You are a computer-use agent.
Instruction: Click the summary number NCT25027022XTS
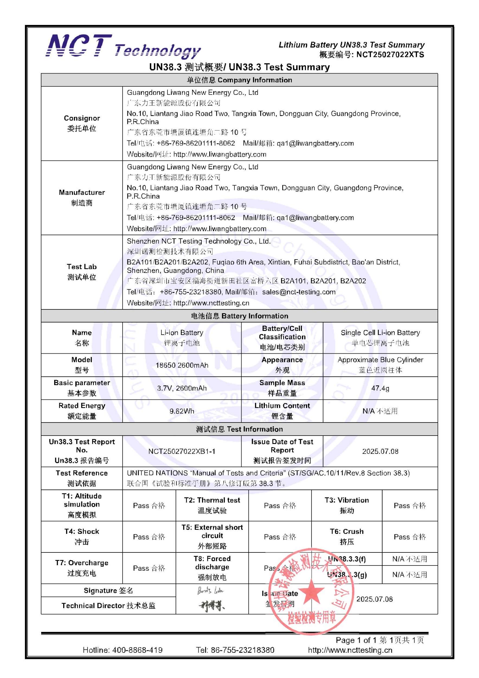click(390, 55)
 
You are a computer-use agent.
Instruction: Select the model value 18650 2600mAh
click(182, 365)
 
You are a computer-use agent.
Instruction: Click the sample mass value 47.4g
click(380, 388)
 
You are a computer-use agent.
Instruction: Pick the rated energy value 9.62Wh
click(182, 411)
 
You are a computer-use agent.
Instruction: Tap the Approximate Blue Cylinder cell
click(380, 365)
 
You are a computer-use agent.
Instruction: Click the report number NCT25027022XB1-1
click(182, 451)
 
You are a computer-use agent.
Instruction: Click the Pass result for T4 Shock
click(149, 537)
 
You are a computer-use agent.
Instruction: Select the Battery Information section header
click(239, 316)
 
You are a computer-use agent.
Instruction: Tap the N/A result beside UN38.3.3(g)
click(410, 575)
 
